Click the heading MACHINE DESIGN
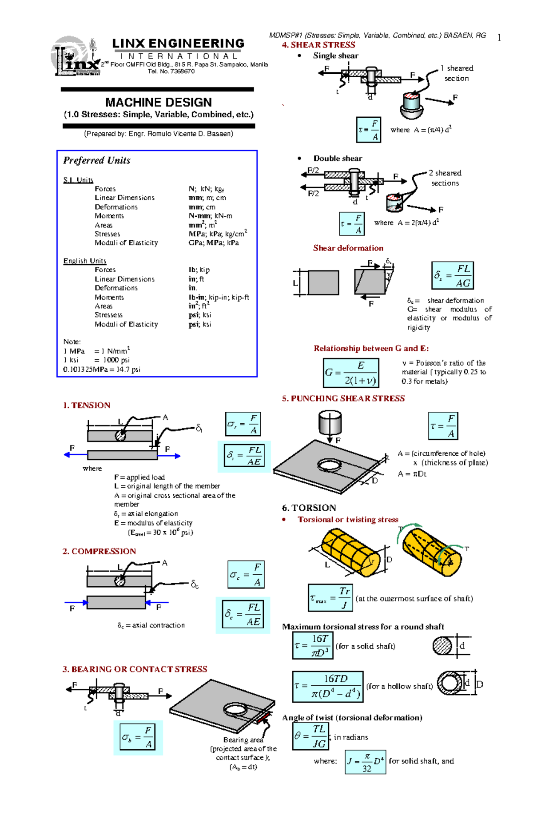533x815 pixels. [x=158, y=102]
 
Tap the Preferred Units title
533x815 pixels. [x=96, y=160]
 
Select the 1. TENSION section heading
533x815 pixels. [x=86, y=405]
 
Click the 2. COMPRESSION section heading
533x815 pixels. [x=99, y=551]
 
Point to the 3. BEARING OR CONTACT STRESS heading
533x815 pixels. [x=135, y=669]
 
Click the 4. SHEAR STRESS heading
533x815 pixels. [x=318, y=45]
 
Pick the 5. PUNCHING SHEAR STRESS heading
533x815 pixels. [x=343, y=398]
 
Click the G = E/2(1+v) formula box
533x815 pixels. [x=351, y=373]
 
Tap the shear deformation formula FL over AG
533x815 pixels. [x=453, y=276]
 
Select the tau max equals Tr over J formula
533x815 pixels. [x=330, y=598]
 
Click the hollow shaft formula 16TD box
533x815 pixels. [x=328, y=686]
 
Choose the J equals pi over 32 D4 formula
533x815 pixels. [x=365, y=762]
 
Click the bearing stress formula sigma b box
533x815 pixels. [x=138, y=737]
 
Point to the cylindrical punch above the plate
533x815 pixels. [x=330, y=422]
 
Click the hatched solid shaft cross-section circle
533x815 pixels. [x=442, y=645]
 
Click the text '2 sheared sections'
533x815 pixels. [x=445, y=178]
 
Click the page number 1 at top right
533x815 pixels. [x=499, y=38]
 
